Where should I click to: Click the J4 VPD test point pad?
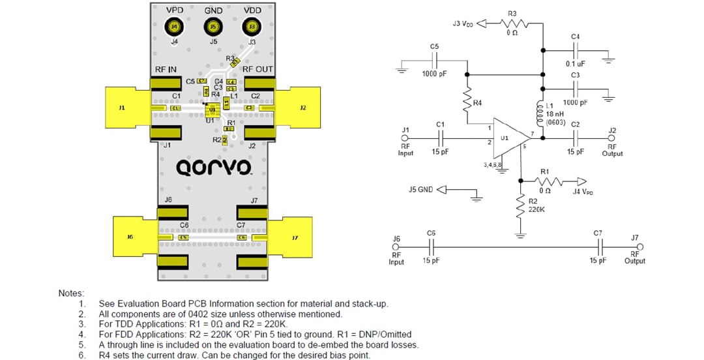pos(174,27)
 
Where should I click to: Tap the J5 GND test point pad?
pos(213,27)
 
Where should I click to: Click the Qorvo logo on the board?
pos(214,167)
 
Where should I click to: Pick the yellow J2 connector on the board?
pos(303,107)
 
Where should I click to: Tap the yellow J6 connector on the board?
pos(131,237)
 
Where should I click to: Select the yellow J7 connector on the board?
pos(294,237)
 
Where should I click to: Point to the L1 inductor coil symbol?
pos(540,114)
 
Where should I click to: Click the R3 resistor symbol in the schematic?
pos(512,23)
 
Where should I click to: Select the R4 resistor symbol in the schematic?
pos(467,102)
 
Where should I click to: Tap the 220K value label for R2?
pos(536,209)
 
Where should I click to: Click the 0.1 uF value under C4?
pos(574,64)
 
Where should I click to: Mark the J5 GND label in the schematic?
pos(420,190)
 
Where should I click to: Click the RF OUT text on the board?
pos(257,69)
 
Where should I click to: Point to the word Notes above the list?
pos(72,293)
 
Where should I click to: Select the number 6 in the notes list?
pos(81,355)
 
